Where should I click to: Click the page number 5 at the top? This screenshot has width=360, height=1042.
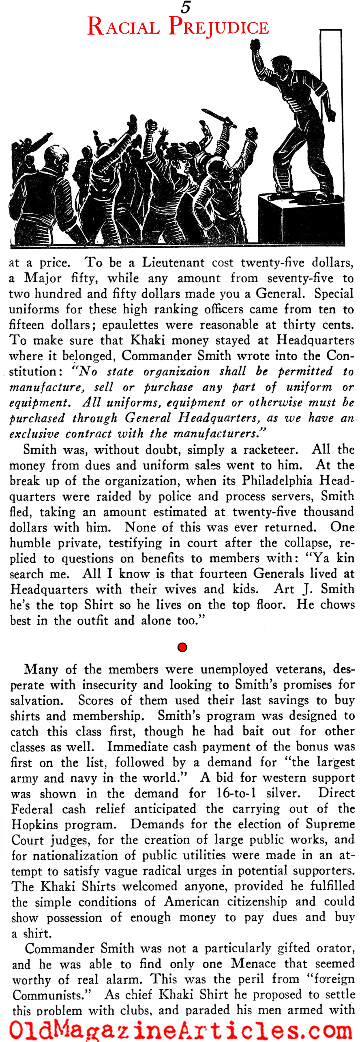[185, 7]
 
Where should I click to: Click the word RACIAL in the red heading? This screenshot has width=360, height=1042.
[123, 27]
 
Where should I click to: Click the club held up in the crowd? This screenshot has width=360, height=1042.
[219, 118]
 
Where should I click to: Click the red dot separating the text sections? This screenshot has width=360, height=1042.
[182, 647]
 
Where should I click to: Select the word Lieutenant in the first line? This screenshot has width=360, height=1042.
[173, 262]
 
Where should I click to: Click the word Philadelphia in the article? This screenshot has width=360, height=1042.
[277, 480]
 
